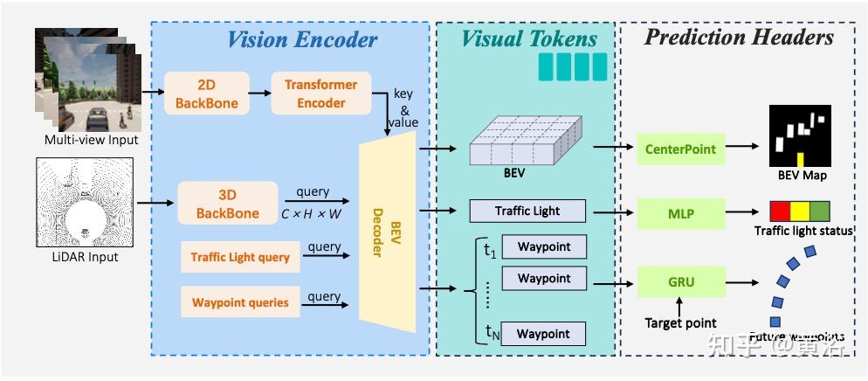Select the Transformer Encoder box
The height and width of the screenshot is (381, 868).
pyautogui.click(x=320, y=94)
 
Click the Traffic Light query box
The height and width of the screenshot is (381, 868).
pyautogui.click(x=240, y=257)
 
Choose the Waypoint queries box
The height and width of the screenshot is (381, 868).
pyautogui.click(x=240, y=302)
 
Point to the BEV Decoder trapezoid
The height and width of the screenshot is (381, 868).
pyautogui.click(x=387, y=235)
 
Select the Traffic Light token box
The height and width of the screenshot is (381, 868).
pyautogui.click(x=527, y=211)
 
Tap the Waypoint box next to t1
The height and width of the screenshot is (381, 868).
pyautogui.click(x=543, y=246)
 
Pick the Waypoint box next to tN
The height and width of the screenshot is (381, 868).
pyautogui.click(x=543, y=333)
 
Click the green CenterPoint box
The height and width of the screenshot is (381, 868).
pyautogui.click(x=680, y=149)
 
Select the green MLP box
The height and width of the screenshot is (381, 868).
pyautogui.click(x=680, y=212)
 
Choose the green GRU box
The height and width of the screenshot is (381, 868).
pyautogui.click(x=680, y=282)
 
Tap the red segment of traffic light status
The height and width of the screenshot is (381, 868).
pyautogui.click(x=779, y=211)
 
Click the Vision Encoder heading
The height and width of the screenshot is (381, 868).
pyautogui.click(x=302, y=39)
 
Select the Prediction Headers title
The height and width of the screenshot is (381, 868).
pyautogui.click(x=739, y=37)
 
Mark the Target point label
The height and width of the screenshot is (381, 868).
pyautogui.click(x=680, y=323)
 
